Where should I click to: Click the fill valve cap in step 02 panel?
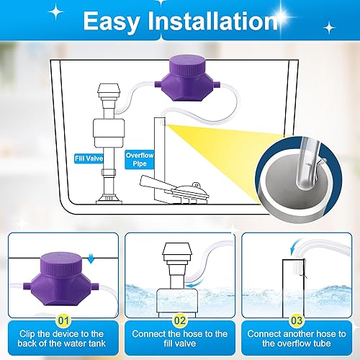coord(175,248)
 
